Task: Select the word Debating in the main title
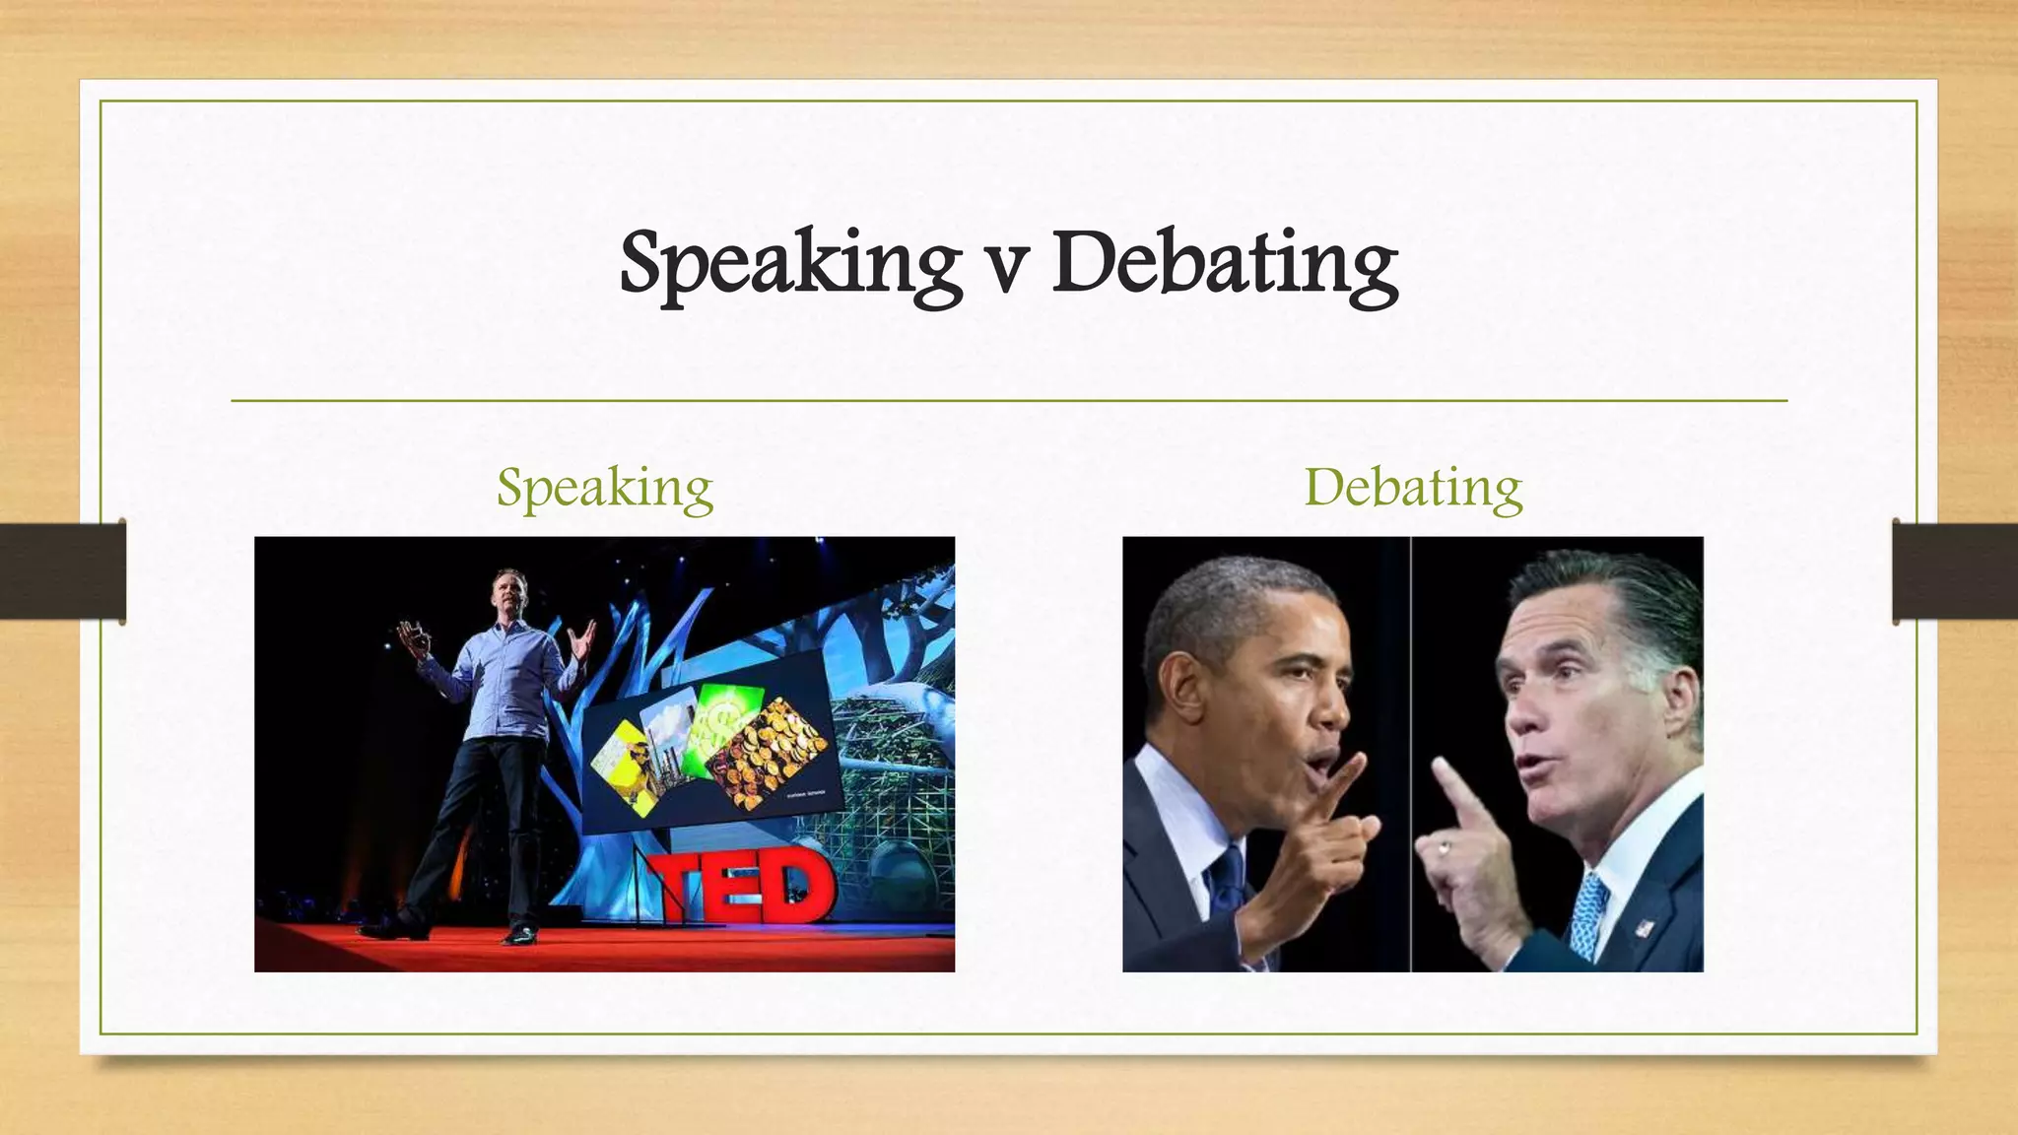pyautogui.click(x=1225, y=263)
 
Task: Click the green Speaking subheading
pyautogui.click(x=604, y=488)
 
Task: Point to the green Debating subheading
pyautogui.click(x=1413, y=488)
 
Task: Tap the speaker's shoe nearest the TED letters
pyautogui.click(x=519, y=933)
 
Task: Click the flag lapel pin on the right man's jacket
pyautogui.click(x=1642, y=927)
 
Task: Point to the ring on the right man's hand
pyautogui.click(x=1444, y=846)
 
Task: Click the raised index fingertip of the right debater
pyautogui.click(x=1440, y=767)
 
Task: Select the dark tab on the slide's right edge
pyautogui.click(x=1955, y=571)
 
